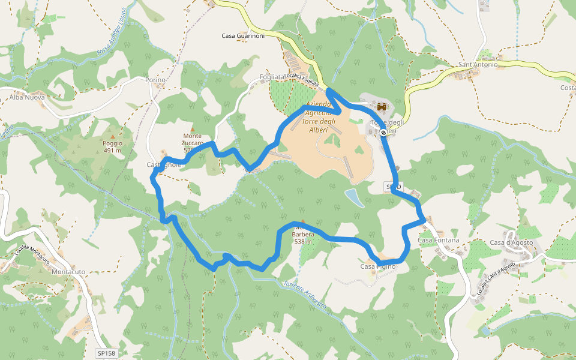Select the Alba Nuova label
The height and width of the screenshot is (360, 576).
(x=27, y=97)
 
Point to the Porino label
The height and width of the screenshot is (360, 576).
(x=155, y=80)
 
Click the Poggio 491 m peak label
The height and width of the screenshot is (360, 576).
(x=112, y=147)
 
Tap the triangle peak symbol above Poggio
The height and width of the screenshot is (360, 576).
(x=112, y=137)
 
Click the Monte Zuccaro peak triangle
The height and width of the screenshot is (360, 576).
(x=193, y=129)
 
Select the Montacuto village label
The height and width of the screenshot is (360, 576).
(x=68, y=272)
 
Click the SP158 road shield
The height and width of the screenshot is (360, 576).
(x=105, y=353)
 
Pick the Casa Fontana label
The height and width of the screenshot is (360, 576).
(x=439, y=240)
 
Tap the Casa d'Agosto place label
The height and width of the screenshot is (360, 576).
(x=512, y=242)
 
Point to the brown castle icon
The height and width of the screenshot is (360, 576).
(x=381, y=107)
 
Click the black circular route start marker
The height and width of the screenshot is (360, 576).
(x=383, y=133)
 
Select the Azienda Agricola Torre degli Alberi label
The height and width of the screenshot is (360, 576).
(x=319, y=117)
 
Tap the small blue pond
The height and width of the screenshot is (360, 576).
(x=355, y=198)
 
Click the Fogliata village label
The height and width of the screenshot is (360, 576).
(x=272, y=77)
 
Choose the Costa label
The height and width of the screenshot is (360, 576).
(x=568, y=88)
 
